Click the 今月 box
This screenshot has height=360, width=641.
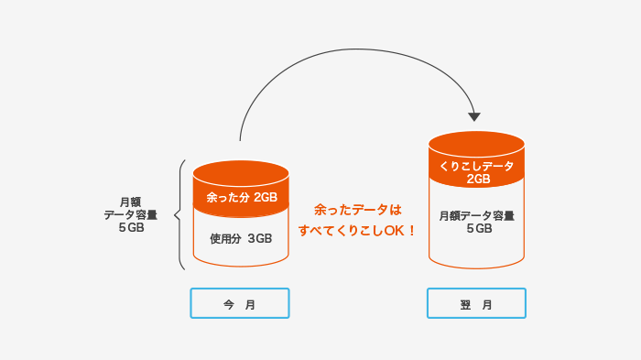pos(240,304)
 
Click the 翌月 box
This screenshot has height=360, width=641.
pos(476,304)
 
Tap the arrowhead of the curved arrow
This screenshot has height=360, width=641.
pos(473,116)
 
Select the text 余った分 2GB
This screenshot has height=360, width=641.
pos(241,197)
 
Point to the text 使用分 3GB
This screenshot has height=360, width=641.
pos(241,238)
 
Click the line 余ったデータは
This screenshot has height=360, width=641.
pos(358,210)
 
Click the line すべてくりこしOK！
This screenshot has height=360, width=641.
pos(358,231)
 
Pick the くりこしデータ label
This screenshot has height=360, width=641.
pos(477,165)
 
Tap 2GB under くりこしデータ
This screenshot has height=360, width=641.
pos(477,180)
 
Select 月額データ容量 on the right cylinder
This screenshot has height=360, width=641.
pos(476,216)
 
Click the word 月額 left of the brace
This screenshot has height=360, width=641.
pos(131,202)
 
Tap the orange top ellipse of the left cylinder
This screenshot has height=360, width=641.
pos(241,171)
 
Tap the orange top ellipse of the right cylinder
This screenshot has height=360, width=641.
pos(476,142)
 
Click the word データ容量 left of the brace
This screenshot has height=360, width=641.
pos(131,215)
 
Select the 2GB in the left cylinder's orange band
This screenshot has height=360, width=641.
pos(266,197)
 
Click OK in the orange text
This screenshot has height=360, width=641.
pos(395,231)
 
